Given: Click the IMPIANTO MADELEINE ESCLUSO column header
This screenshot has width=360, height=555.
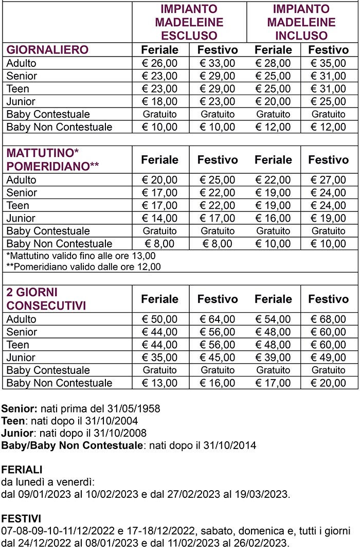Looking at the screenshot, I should [189, 23].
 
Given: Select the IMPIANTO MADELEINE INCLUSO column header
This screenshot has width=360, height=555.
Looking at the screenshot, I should [301, 23].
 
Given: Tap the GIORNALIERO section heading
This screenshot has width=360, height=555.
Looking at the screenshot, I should [47, 50].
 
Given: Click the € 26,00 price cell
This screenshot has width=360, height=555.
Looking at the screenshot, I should [159, 63].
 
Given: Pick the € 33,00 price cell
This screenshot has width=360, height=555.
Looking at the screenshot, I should [218, 63].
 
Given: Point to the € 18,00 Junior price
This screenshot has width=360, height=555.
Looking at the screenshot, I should [159, 101].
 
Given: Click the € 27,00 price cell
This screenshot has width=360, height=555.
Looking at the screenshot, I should [329, 180].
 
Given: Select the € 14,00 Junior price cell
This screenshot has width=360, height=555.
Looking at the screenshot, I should [159, 218].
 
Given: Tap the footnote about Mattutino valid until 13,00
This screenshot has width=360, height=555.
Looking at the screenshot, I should [81, 256].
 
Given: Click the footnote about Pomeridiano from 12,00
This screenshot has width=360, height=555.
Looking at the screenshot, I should [83, 267].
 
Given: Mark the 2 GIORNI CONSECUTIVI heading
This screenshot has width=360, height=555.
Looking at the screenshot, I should [46, 299].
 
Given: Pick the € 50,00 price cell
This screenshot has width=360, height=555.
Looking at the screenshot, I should [159, 319].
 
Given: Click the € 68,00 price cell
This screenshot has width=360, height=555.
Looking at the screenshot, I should [329, 319].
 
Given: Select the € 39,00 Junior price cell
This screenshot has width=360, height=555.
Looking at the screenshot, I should [273, 357].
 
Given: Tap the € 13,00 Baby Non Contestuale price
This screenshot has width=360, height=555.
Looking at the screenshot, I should [159, 383].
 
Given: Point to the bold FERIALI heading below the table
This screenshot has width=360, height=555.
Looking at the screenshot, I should [22, 470].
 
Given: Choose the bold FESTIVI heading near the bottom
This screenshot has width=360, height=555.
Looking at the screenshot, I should [21, 517].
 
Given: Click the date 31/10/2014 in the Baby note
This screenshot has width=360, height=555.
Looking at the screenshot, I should [230, 445].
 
